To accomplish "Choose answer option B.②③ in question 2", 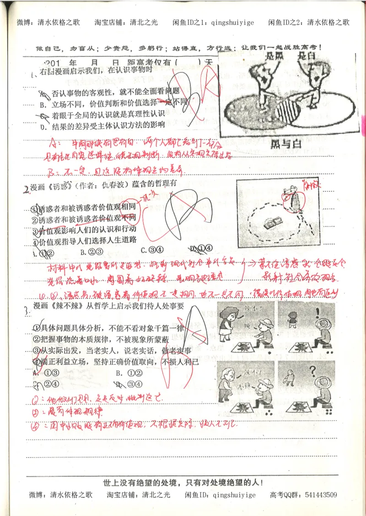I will coord(90,251).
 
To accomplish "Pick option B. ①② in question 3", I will coord(126,372).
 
